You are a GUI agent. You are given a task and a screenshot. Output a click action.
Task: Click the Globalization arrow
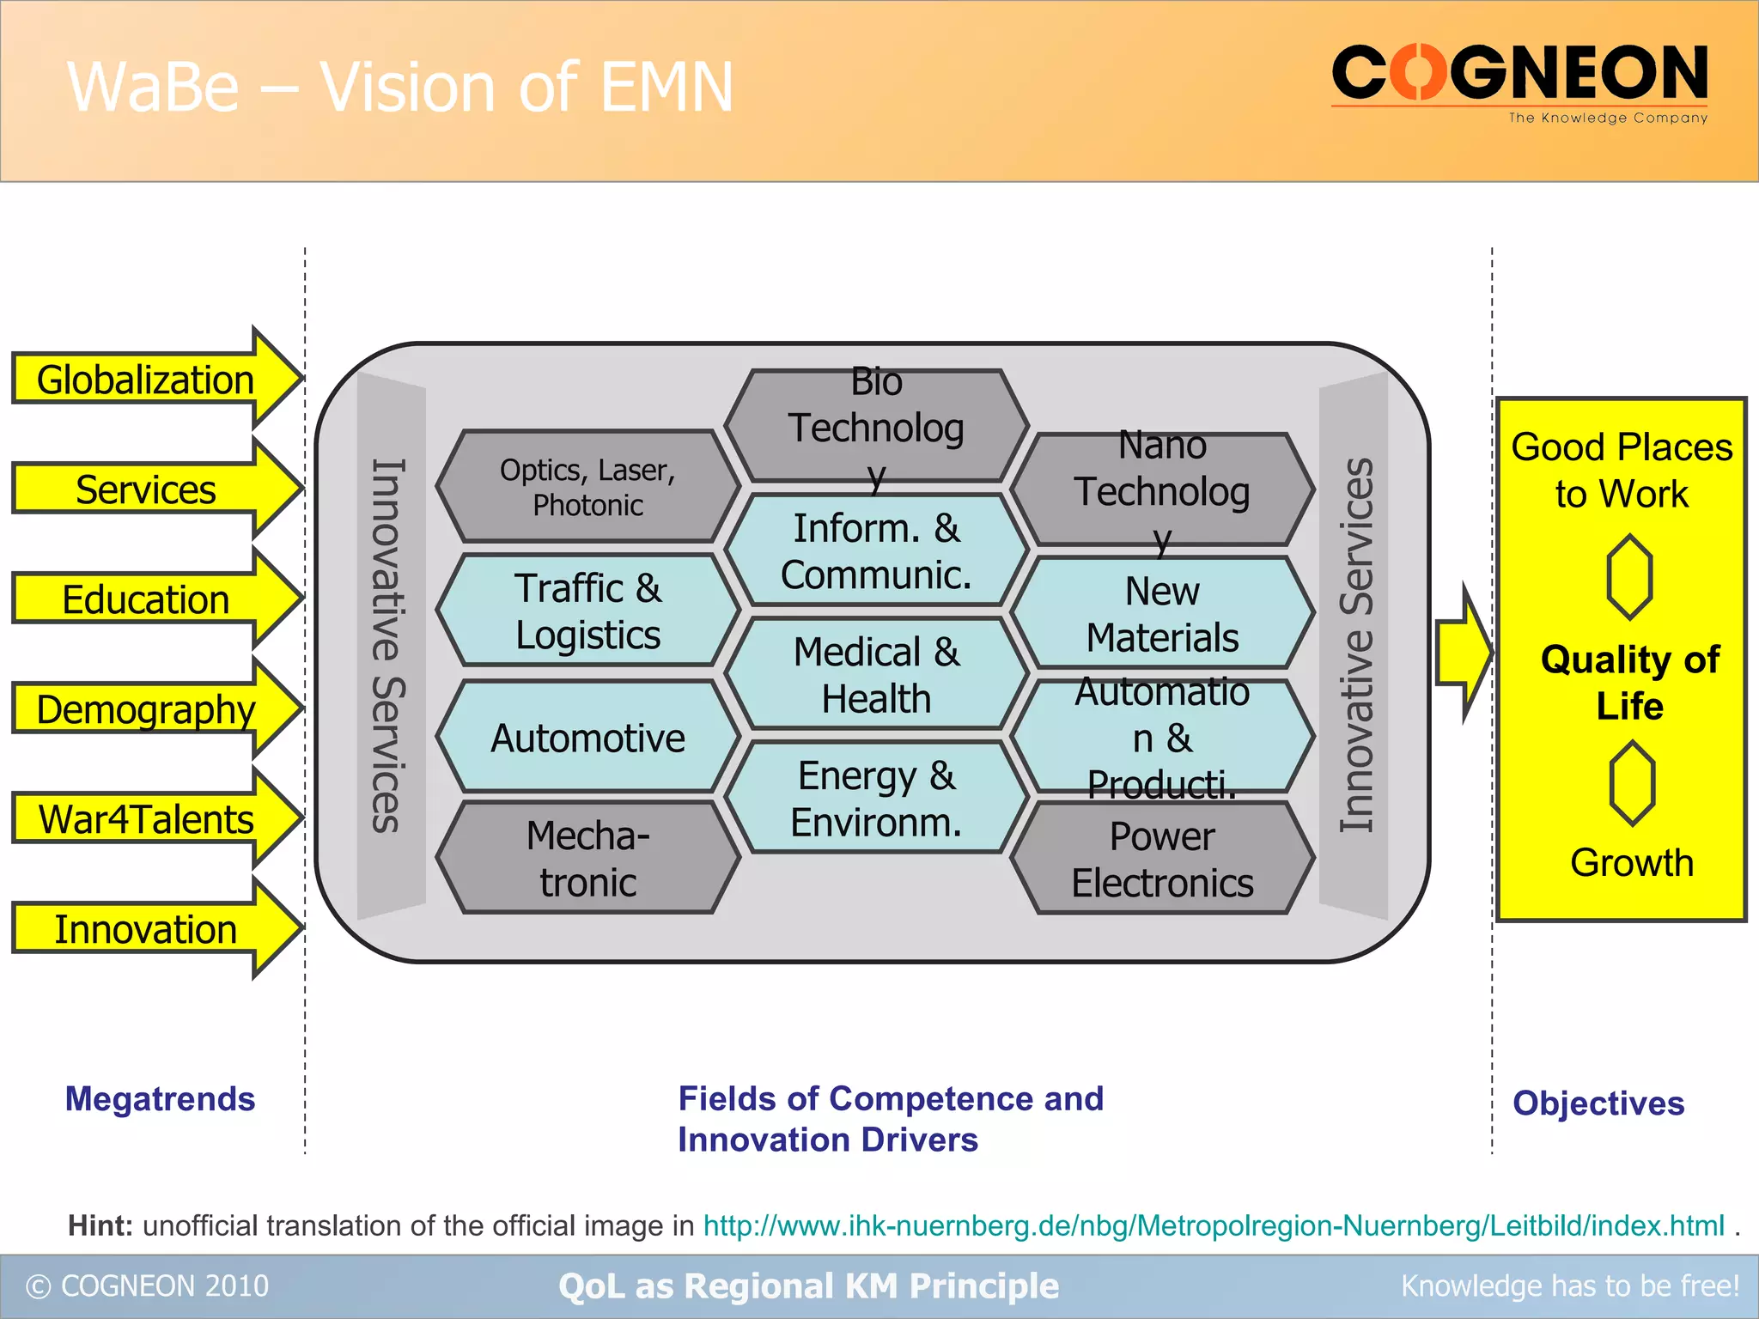[x=146, y=380]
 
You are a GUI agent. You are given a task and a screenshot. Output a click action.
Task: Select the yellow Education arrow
[x=146, y=599]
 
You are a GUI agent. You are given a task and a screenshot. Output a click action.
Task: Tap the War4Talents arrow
[x=146, y=819]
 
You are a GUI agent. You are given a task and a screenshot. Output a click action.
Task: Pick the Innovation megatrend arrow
[x=146, y=929]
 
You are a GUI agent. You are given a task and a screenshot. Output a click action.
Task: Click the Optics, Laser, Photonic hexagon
[x=587, y=487]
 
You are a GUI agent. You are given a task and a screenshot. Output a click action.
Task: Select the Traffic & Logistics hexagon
[x=587, y=611]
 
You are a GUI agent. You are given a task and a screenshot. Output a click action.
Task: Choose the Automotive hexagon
[x=587, y=738]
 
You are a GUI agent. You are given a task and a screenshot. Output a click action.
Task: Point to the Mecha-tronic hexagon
[x=587, y=858]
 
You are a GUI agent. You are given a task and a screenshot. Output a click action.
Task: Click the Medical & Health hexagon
[x=876, y=675]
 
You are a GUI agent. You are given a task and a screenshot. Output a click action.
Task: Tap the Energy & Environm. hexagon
[x=876, y=799]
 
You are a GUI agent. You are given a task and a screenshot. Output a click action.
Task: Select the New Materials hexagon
[x=1162, y=613]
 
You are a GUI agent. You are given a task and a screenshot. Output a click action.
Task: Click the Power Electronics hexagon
[x=1162, y=859]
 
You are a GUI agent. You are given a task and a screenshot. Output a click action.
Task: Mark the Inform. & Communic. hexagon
[x=876, y=550]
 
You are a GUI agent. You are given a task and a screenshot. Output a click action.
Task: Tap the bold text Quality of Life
[x=1629, y=682]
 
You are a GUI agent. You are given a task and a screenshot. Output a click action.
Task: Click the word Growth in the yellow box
[x=1631, y=862]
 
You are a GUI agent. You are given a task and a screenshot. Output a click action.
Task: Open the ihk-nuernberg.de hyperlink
[x=1213, y=1225]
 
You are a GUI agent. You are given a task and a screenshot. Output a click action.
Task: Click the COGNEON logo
[x=1519, y=82]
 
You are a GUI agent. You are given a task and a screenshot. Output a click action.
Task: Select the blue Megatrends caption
[x=160, y=1099]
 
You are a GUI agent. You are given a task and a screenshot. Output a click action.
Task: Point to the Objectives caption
[x=1598, y=1103]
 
